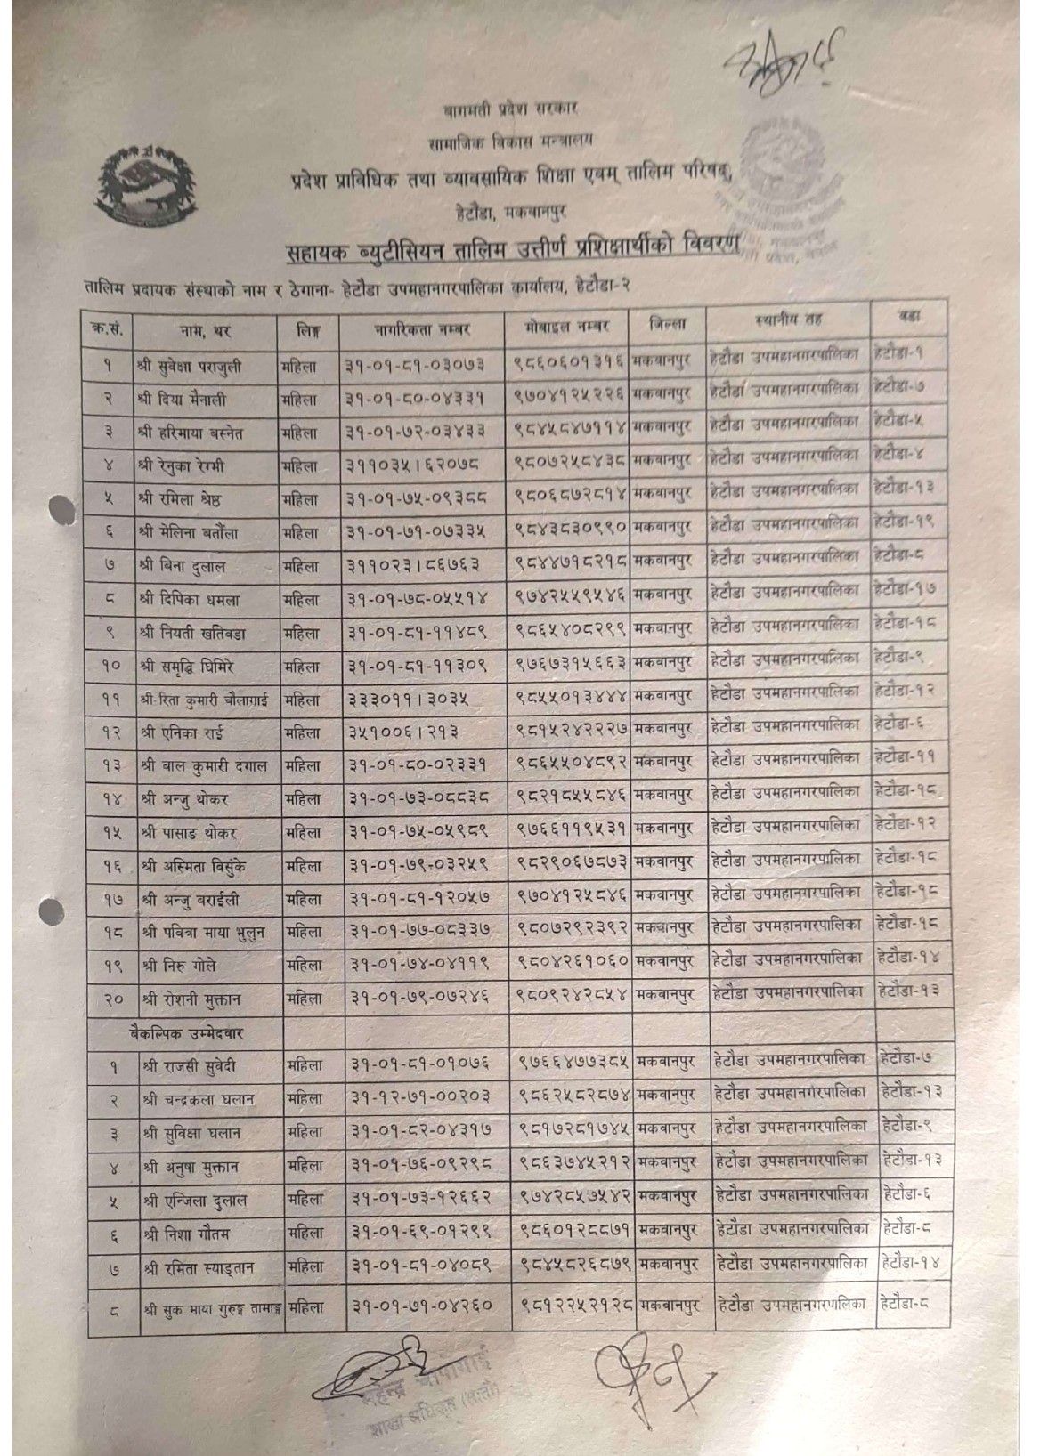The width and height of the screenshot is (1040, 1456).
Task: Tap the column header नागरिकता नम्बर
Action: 421,328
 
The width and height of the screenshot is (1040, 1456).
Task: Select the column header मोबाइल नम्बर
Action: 568,325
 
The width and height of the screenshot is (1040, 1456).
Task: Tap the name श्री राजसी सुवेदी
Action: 188,1065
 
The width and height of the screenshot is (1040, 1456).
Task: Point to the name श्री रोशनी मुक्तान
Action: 191,1000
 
